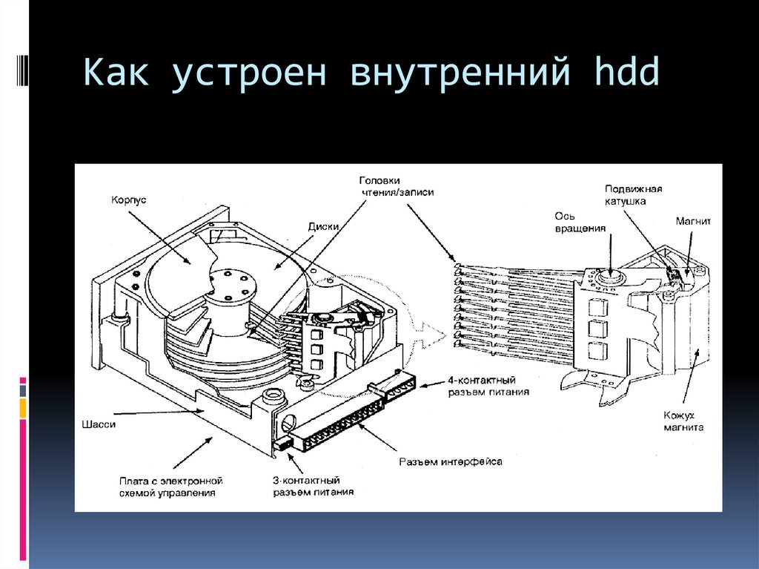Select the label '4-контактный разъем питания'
488,385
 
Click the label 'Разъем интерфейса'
451,461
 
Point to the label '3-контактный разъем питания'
312,486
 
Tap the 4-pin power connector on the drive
393,386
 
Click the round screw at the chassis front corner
271,395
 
